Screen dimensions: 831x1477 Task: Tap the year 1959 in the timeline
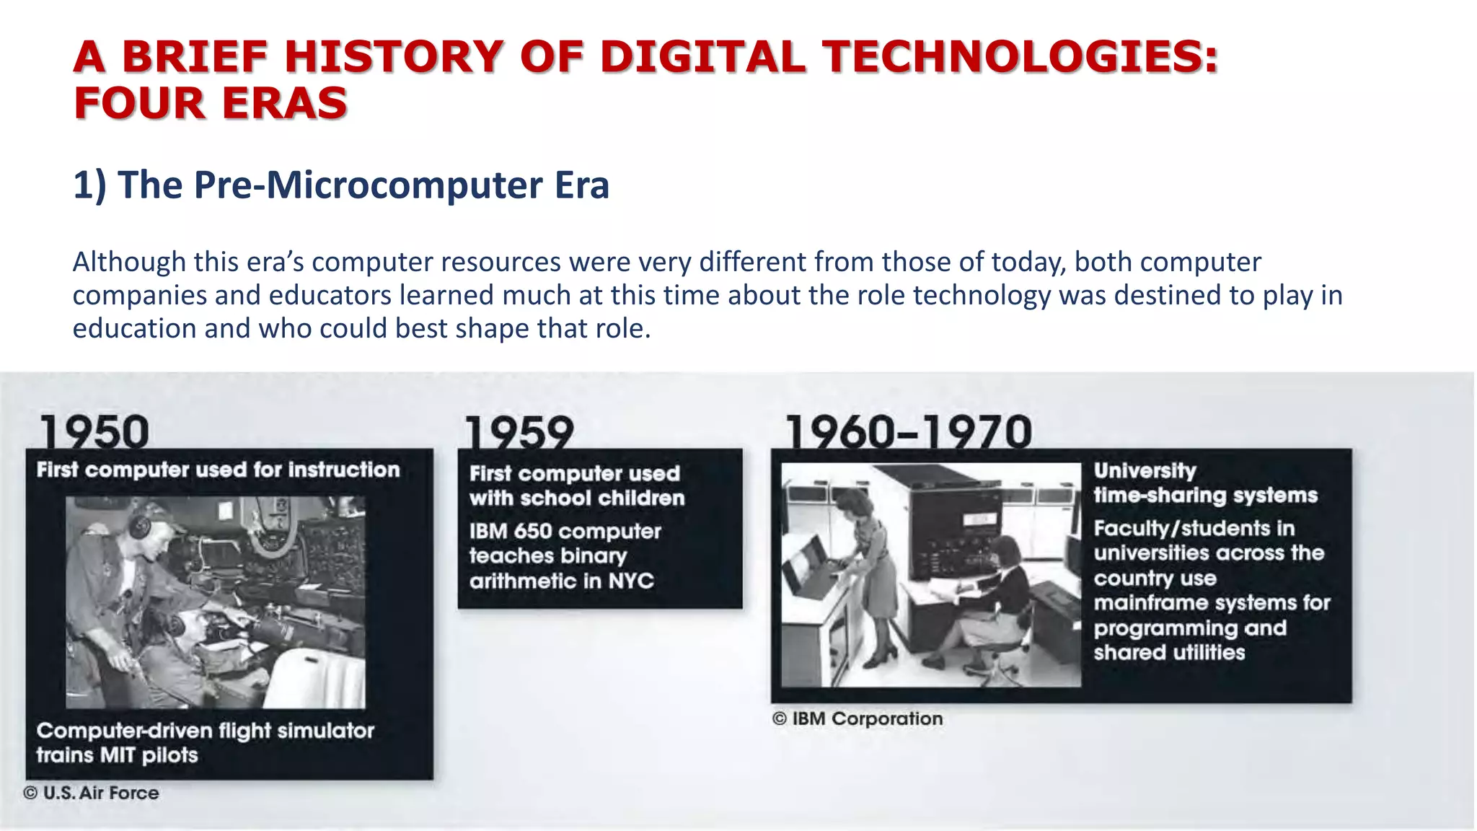520,433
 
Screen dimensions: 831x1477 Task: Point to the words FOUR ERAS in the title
210,102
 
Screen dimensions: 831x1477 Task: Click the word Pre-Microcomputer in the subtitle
368,185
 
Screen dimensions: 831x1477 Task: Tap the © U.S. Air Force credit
92,793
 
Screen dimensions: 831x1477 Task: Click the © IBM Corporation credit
857,718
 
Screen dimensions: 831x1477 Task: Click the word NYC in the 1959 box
631,581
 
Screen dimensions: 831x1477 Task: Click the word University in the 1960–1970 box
1145,470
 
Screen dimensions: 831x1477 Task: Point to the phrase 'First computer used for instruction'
218,470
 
